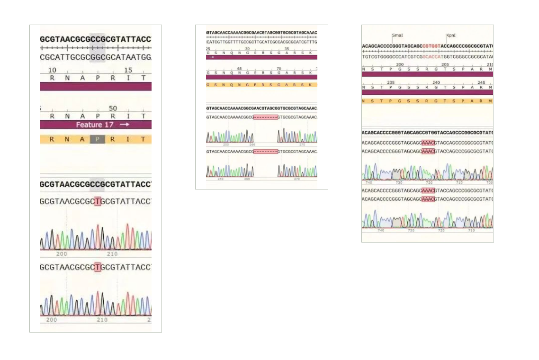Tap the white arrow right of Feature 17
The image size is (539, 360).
[125, 125]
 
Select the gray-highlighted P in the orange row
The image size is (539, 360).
[98, 139]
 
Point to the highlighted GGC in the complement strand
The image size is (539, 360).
[97, 57]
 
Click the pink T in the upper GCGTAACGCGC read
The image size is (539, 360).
[98, 202]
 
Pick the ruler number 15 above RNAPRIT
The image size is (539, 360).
[128, 70]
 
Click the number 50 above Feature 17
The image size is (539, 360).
[113, 108]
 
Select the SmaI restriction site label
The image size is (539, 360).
[397, 36]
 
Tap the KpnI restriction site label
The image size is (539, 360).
[451, 36]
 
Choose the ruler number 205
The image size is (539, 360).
[445, 64]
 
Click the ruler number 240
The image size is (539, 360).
[436, 82]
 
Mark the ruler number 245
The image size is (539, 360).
[481, 82]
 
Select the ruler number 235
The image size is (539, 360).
[391, 82]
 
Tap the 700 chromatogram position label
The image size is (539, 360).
[489, 182]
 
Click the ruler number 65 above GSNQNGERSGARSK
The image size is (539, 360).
[240, 69]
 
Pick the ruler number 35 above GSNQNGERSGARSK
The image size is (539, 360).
[287, 49]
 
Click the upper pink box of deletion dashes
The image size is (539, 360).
[265, 117]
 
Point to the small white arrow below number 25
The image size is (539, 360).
[211, 57]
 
